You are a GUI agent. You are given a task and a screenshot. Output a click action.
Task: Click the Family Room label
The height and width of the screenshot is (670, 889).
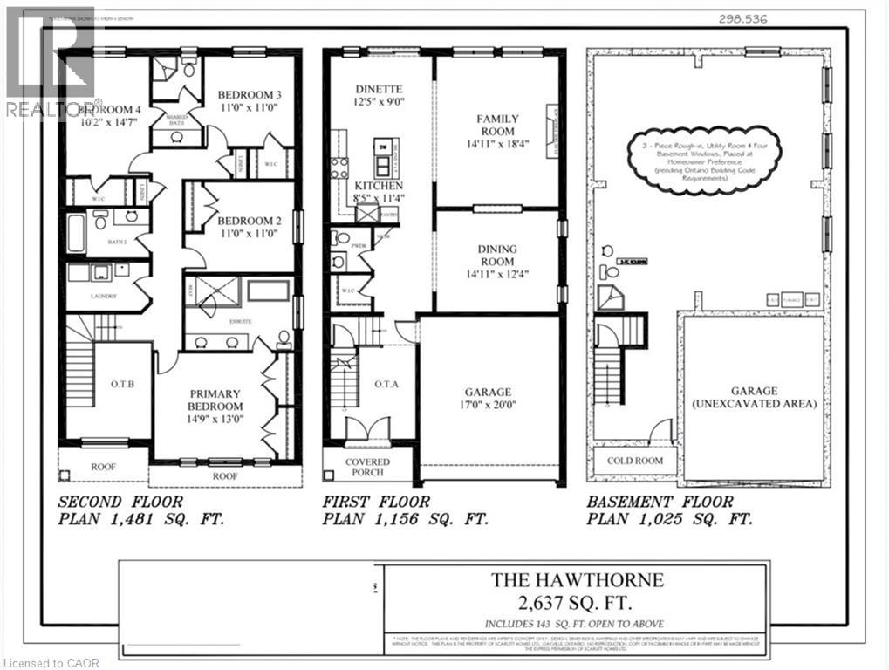[x=497, y=126]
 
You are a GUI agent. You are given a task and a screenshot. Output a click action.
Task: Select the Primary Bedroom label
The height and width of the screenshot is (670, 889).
[x=215, y=407]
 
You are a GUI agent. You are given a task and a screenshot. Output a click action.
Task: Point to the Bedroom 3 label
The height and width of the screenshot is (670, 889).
[x=249, y=101]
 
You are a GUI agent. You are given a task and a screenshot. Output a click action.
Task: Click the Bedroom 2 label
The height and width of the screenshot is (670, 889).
[x=249, y=226]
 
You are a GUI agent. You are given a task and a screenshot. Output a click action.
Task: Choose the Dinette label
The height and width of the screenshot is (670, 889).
[x=379, y=95]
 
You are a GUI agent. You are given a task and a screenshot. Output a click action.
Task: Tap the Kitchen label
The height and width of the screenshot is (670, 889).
[x=379, y=193]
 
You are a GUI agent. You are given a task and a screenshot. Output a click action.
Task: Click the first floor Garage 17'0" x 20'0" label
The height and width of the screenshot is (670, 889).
[x=488, y=399]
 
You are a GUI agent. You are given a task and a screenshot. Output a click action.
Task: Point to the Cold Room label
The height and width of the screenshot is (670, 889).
[x=634, y=461]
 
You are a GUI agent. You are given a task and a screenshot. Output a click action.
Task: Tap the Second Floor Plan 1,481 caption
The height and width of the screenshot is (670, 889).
[x=140, y=510]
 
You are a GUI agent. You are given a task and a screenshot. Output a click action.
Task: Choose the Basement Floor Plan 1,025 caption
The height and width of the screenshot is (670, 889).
[x=669, y=510]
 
